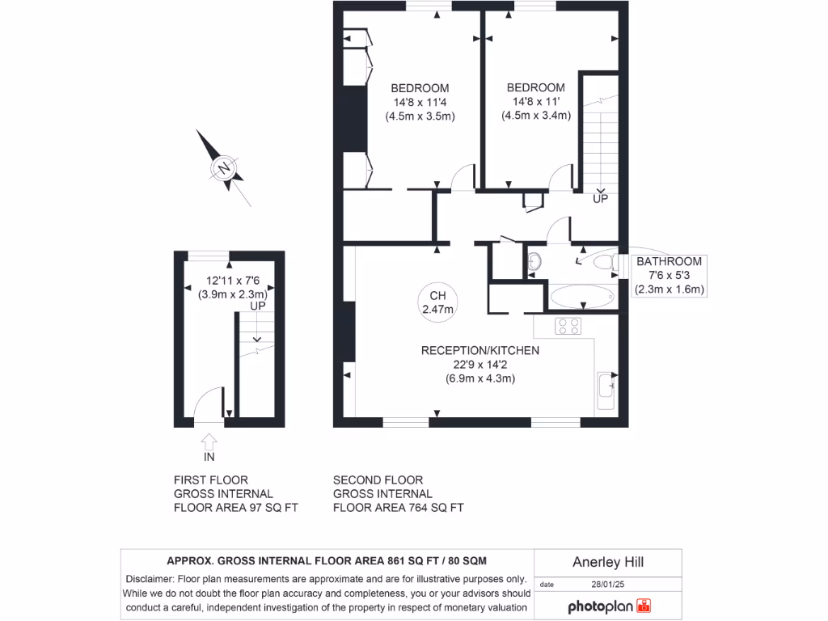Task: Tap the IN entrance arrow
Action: click(x=209, y=442)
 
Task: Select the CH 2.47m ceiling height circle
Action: click(x=437, y=302)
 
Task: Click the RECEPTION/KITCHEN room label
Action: click(x=479, y=350)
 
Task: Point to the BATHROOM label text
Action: click(x=669, y=261)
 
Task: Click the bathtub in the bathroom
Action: click(x=581, y=298)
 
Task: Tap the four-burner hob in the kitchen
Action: click(x=568, y=326)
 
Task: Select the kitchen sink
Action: click(x=605, y=391)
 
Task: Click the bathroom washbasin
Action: click(x=534, y=261)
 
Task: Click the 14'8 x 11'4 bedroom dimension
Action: click(x=420, y=102)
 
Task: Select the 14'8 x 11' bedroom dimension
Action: click(x=535, y=102)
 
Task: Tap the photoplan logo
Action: click(x=608, y=606)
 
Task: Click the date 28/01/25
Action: click(x=609, y=584)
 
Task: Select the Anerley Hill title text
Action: click(x=608, y=562)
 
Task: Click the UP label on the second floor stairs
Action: click(x=600, y=198)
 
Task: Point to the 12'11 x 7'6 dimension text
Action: click(x=232, y=281)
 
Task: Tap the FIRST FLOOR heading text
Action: click(x=211, y=480)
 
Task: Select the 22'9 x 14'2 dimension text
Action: click(x=479, y=364)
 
